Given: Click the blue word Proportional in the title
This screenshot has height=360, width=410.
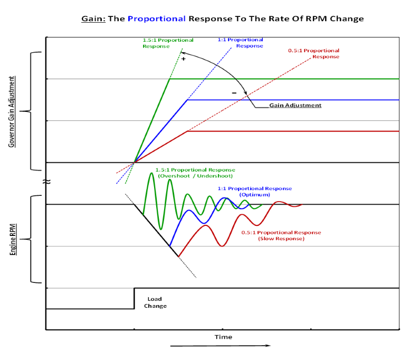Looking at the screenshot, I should pyautogui.click(x=157, y=18).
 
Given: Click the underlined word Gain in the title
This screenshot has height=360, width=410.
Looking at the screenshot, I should pyautogui.click(x=93, y=18).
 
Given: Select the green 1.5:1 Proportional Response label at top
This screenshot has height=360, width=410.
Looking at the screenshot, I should pyautogui.click(x=168, y=43).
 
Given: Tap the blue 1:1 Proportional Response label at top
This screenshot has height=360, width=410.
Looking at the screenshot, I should pyautogui.click(x=240, y=43).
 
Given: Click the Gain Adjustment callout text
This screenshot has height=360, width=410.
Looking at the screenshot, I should pyautogui.click(x=295, y=106).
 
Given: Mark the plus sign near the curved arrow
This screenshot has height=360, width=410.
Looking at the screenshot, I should pyautogui.click(x=184, y=59).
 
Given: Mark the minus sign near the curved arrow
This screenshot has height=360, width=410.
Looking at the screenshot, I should pyautogui.click(x=234, y=92).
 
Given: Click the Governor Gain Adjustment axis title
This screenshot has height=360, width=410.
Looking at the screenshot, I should pyautogui.click(x=11, y=111).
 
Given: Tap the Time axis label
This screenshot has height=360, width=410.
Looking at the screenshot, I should pyautogui.click(x=223, y=337).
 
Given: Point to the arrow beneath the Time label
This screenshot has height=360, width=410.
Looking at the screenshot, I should pyautogui.click(x=221, y=346).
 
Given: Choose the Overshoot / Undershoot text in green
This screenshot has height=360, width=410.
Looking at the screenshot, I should pyautogui.click(x=195, y=175).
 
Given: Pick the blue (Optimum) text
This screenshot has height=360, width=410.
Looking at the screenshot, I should pyautogui.click(x=254, y=194).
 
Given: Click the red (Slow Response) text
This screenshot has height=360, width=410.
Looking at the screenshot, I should pyautogui.click(x=281, y=239).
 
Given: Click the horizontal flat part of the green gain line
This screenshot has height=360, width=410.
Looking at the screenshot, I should pyautogui.click(x=285, y=79).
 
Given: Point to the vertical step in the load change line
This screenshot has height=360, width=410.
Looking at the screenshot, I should pyautogui.click(x=134, y=298).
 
